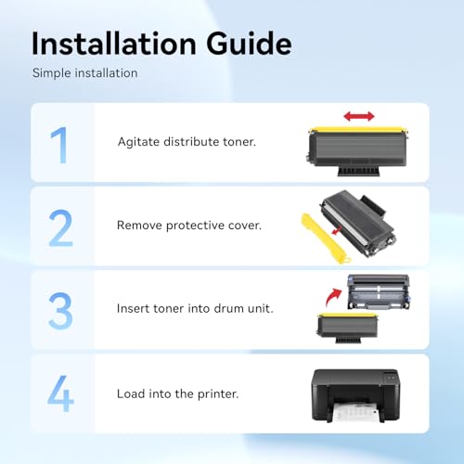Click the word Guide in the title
tap(249, 44)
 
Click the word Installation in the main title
tap(114, 44)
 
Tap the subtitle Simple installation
tap(85, 73)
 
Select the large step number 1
tap(59, 145)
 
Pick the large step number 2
tap(60, 228)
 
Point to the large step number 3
tap(60, 311)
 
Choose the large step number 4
tap(60, 393)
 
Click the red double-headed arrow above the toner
tap(359, 117)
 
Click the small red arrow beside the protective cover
tap(336, 230)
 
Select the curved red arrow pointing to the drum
tap(333, 296)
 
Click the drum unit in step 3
tap(379, 292)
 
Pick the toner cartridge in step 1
tap(357, 151)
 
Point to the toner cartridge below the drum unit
tap(348, 328)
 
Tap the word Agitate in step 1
tap(138, 142)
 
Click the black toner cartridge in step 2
tap(358, 224)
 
